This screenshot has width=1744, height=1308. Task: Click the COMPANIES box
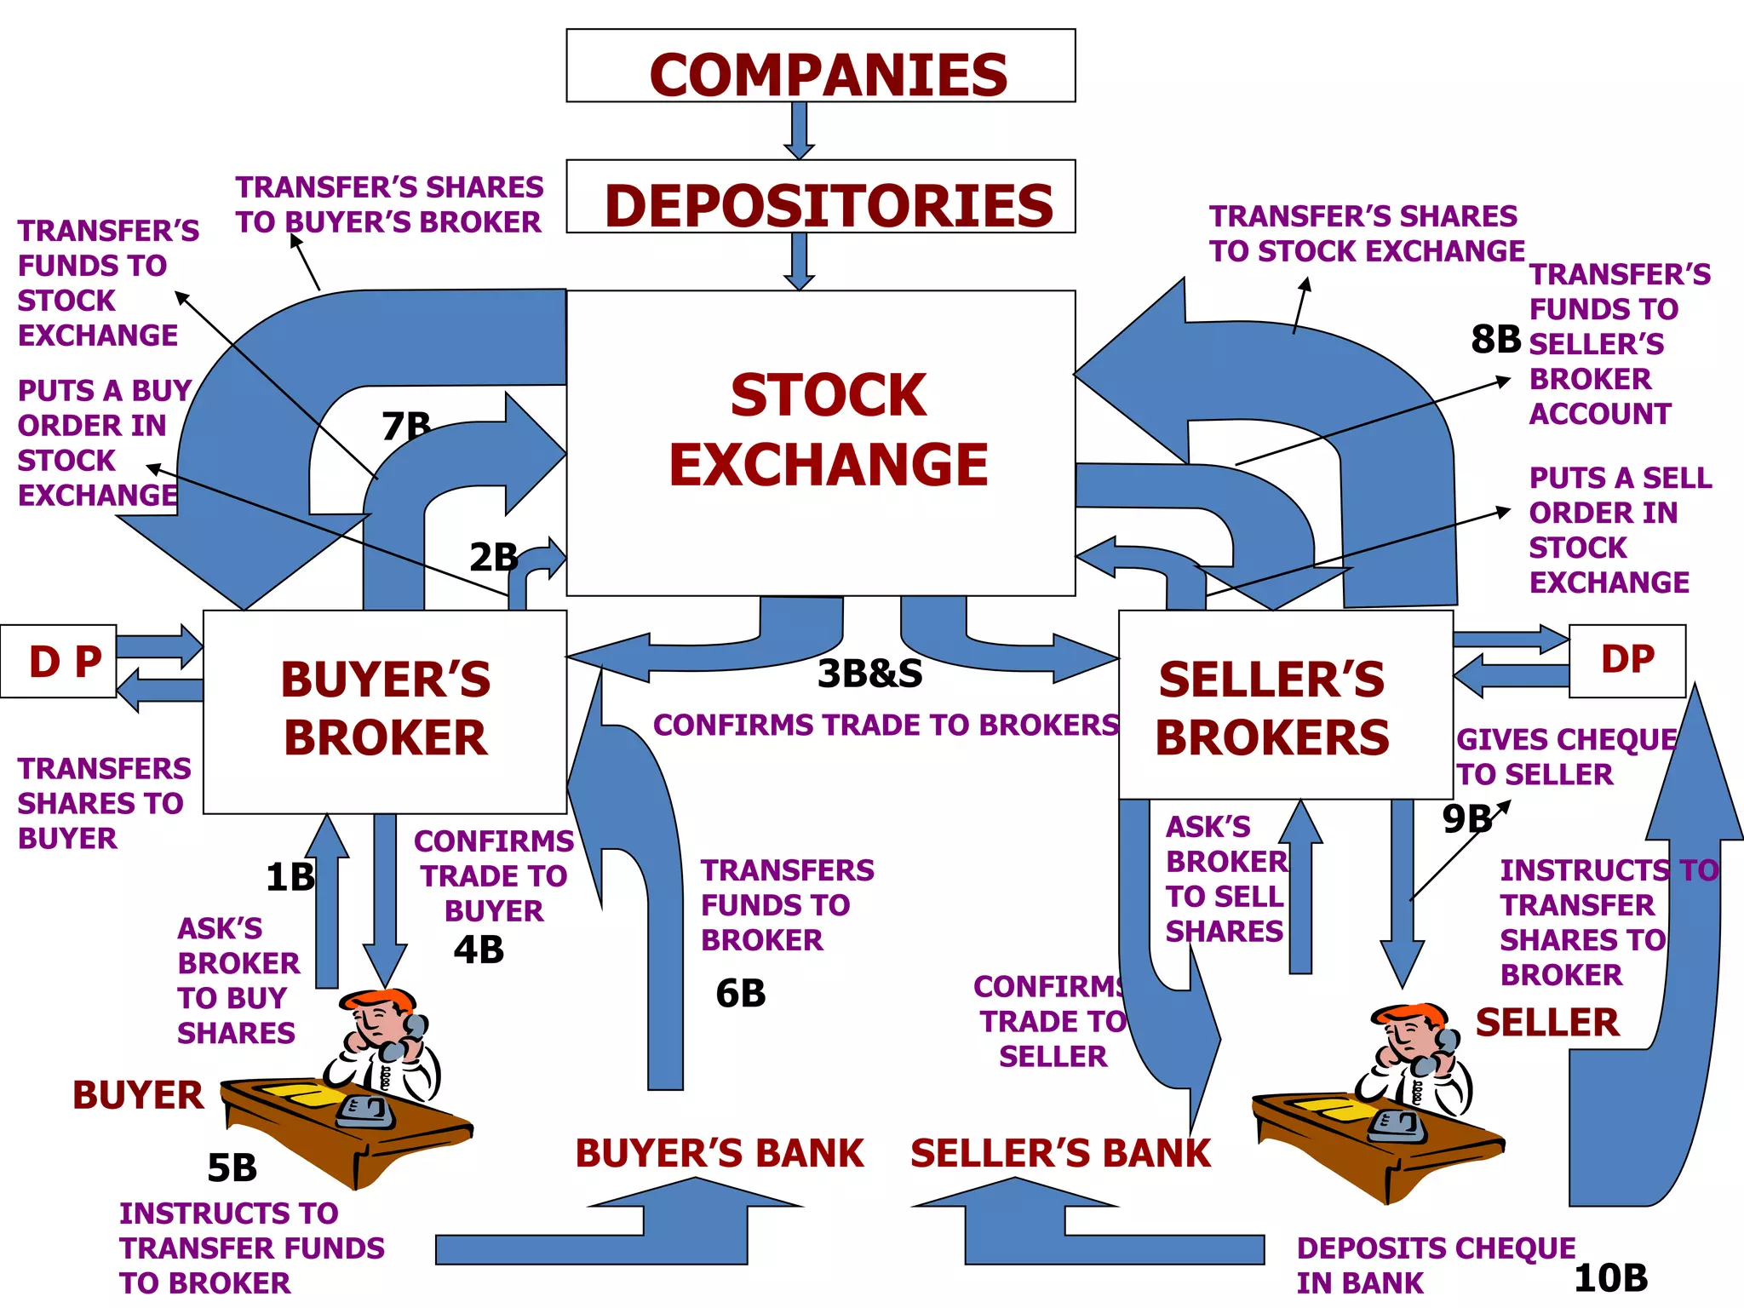[x=820, y=66]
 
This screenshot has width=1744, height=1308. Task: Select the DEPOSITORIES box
[x=820, y=198]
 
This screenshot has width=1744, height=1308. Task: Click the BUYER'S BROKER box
[x=385, y=711]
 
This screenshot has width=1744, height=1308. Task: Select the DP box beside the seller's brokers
[x=1626, y=661]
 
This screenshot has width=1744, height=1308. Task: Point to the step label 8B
[x=1495, y=340]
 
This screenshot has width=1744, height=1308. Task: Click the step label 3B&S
[x=869, y=674]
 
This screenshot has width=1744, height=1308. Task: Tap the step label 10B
[x=1610, y=1278]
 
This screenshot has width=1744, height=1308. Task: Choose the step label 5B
[x=232, y=1167]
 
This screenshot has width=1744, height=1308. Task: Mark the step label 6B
[x=740, y=994]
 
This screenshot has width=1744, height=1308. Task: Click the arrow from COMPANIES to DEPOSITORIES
[x=799, y=130]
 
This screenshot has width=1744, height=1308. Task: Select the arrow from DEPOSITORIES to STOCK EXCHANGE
[x=799, y=261]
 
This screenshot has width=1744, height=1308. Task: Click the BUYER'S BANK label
[x=720, y=1154]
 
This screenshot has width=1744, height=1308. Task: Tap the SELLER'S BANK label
[x=1060, y=1154]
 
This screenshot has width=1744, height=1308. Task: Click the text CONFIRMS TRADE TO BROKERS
[x=886, y=725]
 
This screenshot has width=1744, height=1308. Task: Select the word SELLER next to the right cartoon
[x=1546, y=1023]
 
